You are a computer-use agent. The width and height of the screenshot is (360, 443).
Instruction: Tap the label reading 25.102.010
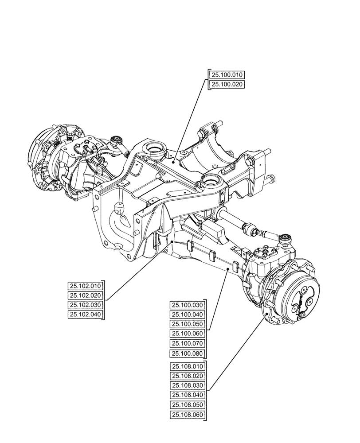[85, 286]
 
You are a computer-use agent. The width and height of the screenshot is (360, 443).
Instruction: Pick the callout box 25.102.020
[85, 295]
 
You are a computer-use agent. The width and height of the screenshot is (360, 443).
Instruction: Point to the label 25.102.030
[85, 305]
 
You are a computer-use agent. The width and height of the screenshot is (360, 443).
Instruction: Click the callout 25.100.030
[188, 305]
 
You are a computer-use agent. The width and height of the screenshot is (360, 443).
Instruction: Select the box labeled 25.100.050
[188, 324]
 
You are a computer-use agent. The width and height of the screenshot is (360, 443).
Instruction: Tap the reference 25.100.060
[188, 334]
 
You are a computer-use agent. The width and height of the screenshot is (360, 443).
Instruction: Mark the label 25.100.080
[188, 353]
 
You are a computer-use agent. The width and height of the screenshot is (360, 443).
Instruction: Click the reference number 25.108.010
[188, 366]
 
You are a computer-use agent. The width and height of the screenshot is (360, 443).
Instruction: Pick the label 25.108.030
[188, 385]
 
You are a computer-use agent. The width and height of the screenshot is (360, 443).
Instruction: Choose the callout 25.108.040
[188, 395]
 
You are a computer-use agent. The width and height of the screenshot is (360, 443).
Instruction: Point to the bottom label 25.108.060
[188, 415]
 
